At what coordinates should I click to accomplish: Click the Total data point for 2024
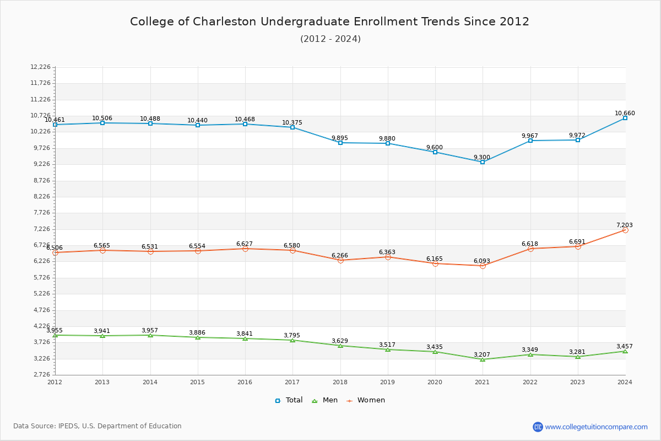[x=625, y=118]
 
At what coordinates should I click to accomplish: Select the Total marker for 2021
[x=483, y=162]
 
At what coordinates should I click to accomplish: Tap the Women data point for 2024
[x=625, y=230]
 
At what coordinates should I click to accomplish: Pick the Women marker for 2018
[x=340, y=260]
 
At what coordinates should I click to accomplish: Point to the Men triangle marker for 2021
[x=483, y=359]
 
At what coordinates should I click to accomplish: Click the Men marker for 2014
[x=150, y=335]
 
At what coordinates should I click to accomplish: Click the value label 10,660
[x=625, y=113]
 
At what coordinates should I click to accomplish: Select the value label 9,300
[x=481, y=157]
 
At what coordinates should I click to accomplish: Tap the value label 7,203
[x=624, y=225]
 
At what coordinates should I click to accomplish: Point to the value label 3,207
[x=482, y=354]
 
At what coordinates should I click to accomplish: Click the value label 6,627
[x=245, y=244]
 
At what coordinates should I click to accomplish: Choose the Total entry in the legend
[x=289, y=400]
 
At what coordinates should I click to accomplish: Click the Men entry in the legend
[x=325, y=400]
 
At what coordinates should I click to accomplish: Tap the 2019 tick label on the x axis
[x=387, y=381]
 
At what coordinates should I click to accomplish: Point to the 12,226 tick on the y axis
[x=40, y=67]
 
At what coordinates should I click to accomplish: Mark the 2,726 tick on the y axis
[x=42, y=375]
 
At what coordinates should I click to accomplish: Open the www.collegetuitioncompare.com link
[x=596, y=427]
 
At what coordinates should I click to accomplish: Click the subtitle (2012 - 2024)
[x=330, y=39]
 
